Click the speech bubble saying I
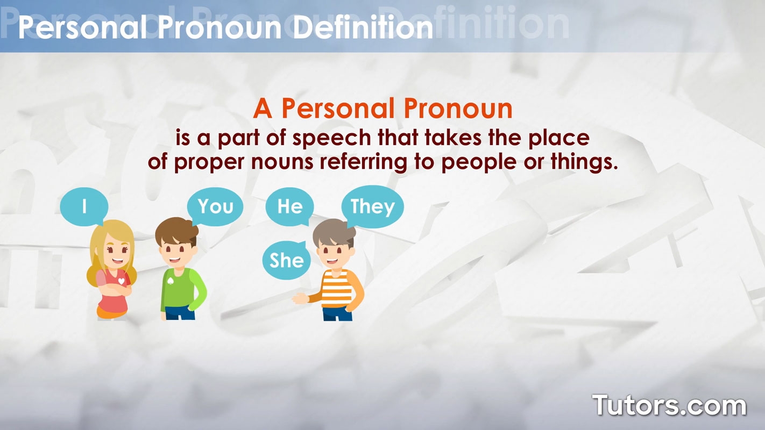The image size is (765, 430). click(84, 206)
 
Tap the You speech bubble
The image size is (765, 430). click(215, 206)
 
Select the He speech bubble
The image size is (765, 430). click(289, 206)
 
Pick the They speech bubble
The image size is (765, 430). click(373, 206)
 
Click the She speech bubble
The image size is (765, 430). click(287, 260)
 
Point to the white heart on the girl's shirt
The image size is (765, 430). click(121, 281)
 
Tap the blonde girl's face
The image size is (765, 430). click(117, 254)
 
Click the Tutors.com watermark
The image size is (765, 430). click(669, 405)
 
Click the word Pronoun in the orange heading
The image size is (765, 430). click(458, 109)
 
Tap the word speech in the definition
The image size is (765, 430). click(331, 138)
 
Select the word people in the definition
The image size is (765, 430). click(479, 162)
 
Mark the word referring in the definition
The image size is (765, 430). click(363, 162)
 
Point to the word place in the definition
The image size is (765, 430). click(559, 138)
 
